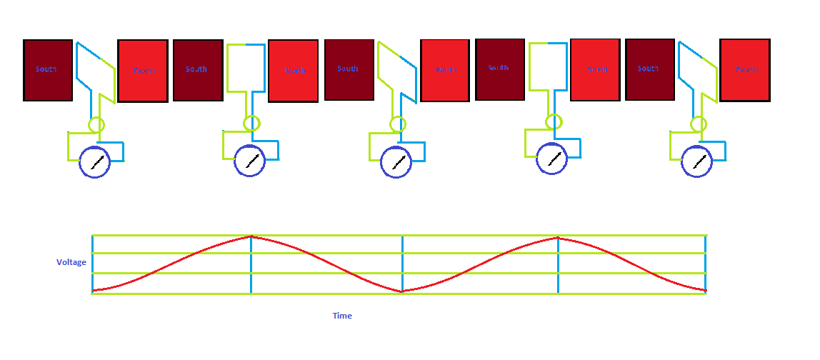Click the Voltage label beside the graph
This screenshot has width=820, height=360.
tap(71, 262)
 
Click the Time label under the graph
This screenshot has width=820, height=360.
tap(342, 316)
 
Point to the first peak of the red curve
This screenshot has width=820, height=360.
tap(251, 236)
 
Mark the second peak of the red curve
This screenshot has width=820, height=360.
tap(557, 237)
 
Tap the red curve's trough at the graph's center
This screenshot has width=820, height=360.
tap(402, 291)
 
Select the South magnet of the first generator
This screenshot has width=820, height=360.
tap(48, 70)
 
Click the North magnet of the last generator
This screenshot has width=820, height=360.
tap(745, 70)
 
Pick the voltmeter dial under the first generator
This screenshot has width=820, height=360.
tap(95, 162)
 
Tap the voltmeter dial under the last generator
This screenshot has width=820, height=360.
tap(697, 161)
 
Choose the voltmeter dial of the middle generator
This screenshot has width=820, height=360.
tap(396, 162)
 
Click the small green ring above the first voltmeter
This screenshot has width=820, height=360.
tap(96, 125)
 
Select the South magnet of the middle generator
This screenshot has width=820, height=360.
tap(349, 69)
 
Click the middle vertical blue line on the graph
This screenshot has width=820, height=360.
tap(402, 264)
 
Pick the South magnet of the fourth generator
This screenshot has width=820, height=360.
tap(499, 69)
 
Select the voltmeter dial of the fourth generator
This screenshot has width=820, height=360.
tap(552, 159)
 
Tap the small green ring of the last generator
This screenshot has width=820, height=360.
tap(699, 124)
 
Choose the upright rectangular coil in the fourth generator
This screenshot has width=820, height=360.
tap(548, 66)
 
